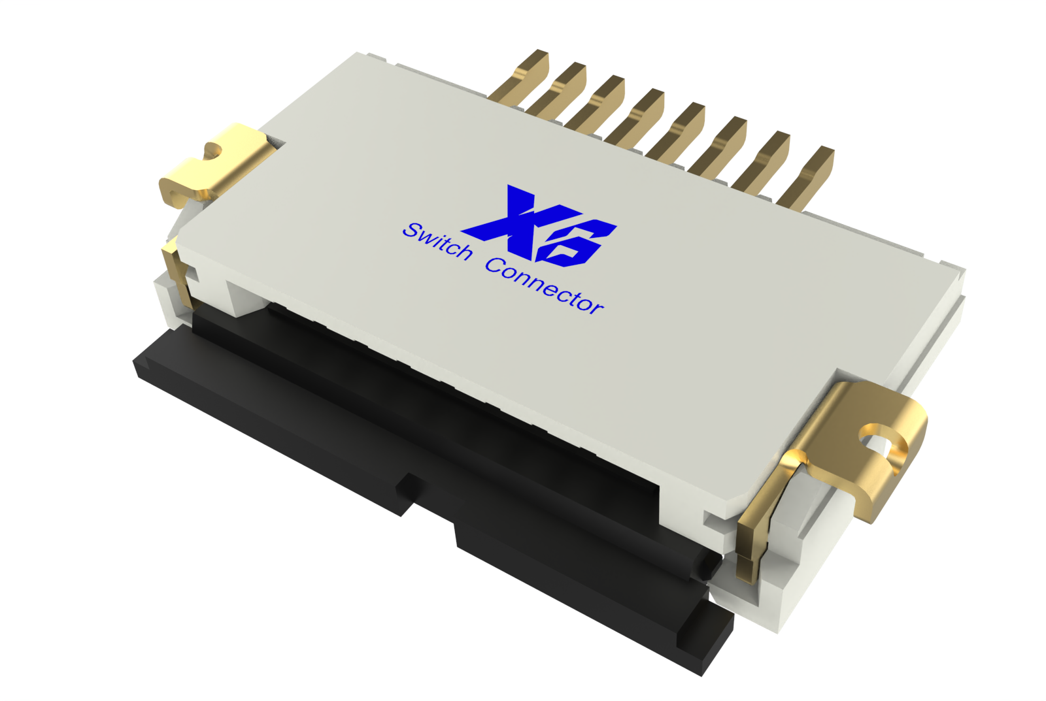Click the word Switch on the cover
[437, 241]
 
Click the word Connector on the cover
[545, 285]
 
